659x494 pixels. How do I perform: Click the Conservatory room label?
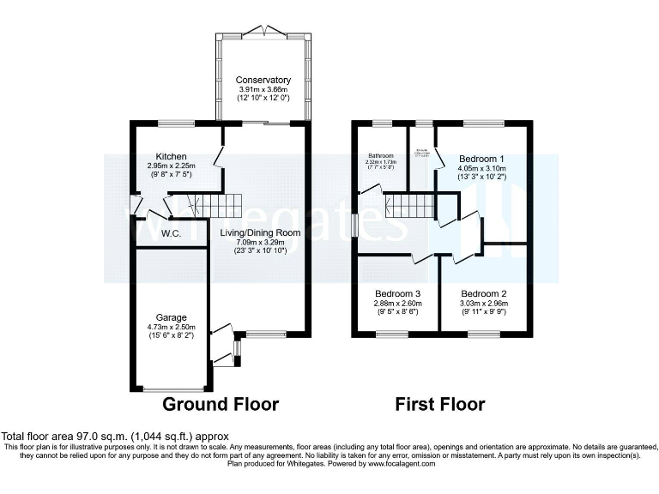263,80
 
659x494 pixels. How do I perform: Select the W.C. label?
169,233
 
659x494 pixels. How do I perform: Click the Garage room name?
170,317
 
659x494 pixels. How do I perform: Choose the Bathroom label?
378,156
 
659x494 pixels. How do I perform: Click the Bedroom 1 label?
482,160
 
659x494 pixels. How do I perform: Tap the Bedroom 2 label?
482,293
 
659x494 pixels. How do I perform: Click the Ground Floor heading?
221,404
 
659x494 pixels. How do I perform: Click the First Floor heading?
440,404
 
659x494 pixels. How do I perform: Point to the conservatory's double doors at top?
263,33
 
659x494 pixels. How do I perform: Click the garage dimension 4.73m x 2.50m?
170,327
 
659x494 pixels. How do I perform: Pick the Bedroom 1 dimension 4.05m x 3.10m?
482,169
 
